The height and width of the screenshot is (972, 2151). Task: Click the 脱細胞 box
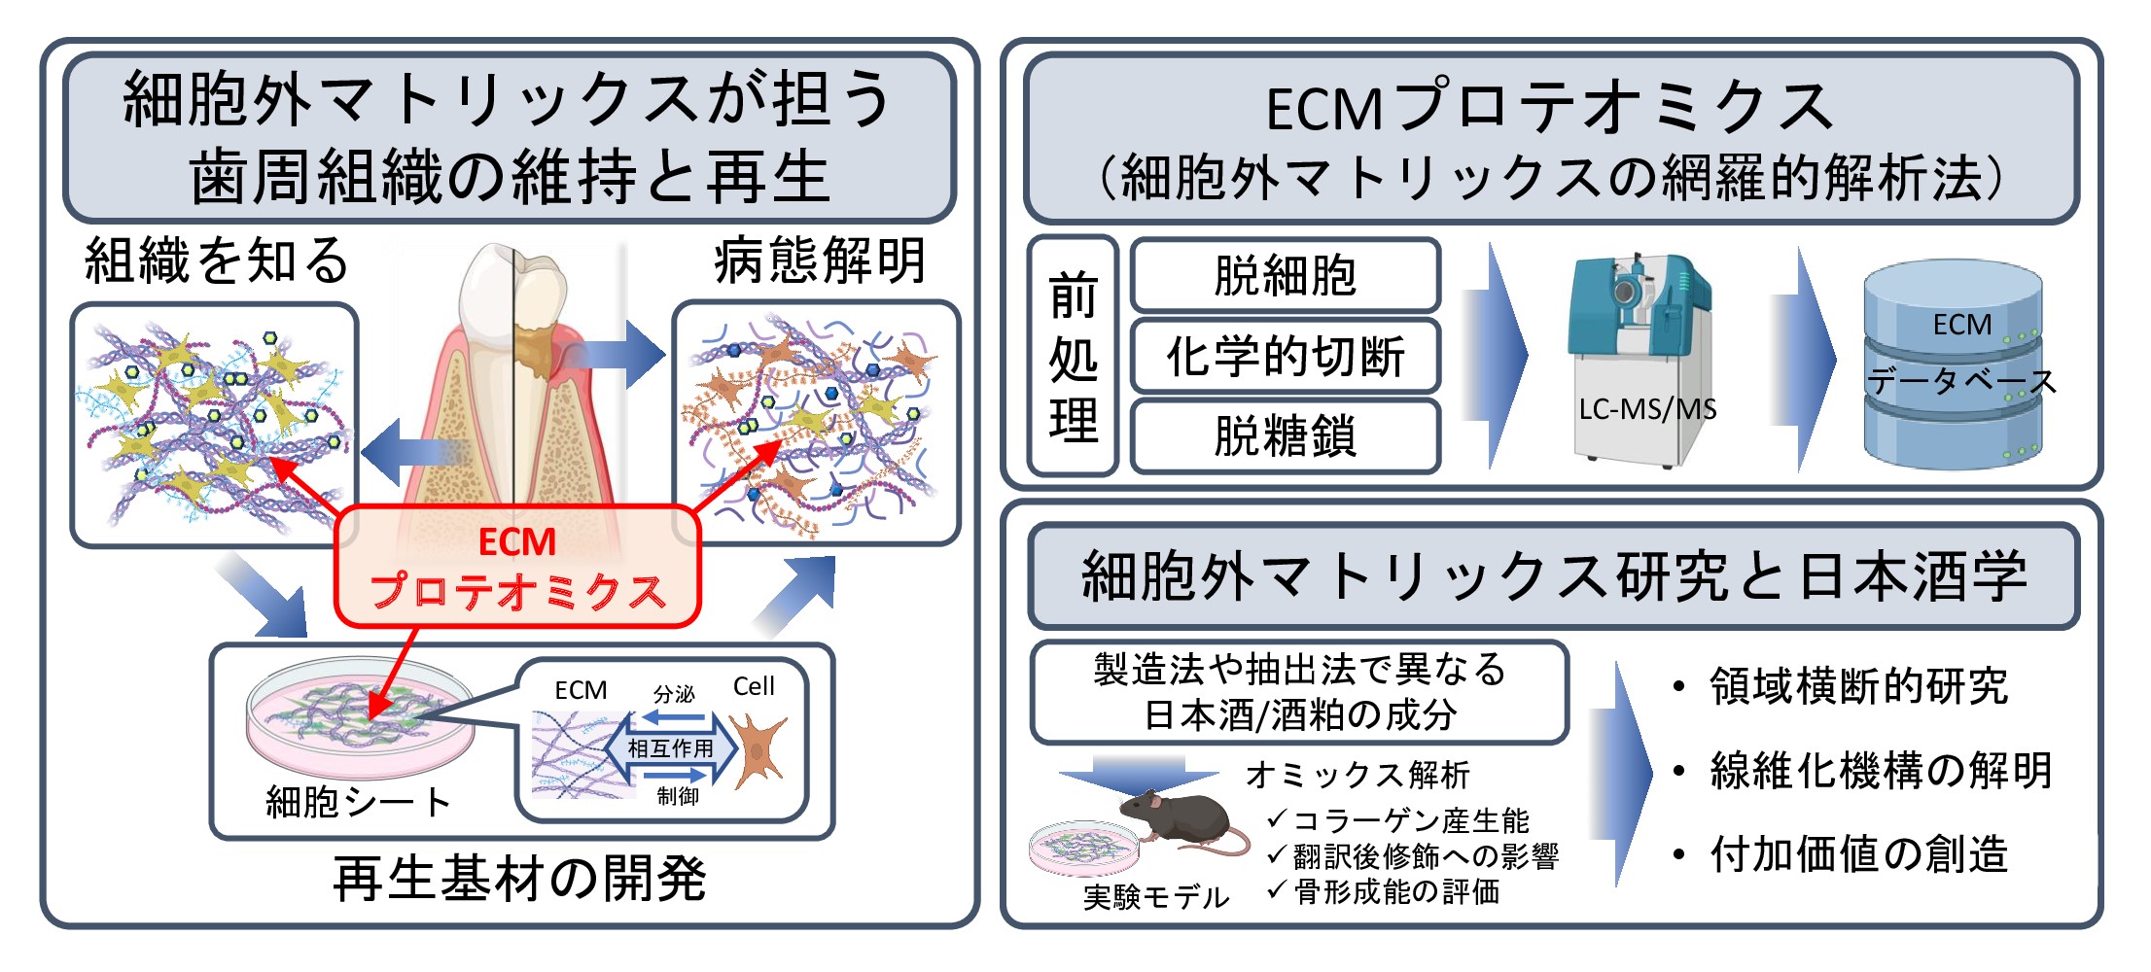tap(1285, 275)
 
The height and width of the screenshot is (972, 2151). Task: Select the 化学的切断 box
tap(1285, 356)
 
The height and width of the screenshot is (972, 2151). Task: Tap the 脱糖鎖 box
tap(1285, 435)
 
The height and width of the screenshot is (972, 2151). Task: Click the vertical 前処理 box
tap(1073, 356)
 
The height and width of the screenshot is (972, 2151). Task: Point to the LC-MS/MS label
tap(1647, 409)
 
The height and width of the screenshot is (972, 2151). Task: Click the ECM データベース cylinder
tap(1953, 365)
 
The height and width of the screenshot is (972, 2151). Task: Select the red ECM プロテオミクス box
tap(517, 567)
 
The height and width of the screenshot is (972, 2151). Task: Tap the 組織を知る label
tap(216, 260)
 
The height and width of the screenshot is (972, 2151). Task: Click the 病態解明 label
tap(819, 260)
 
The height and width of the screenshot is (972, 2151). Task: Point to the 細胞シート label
tap(358, 802)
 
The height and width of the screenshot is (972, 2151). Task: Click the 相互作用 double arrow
tap(671, 748)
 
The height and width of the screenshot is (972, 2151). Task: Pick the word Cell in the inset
tap(754, 686)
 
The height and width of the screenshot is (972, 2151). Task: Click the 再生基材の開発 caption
tap(519, 879)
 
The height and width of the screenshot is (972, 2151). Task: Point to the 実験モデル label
tap(1156, 896)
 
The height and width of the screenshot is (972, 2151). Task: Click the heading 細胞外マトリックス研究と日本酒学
tap(1554, 575)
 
